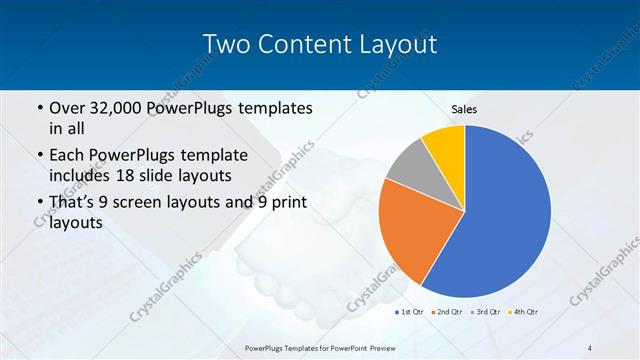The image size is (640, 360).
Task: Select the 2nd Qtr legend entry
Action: tap(448, 313)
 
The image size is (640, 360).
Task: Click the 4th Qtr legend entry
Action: tap(524, 313)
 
